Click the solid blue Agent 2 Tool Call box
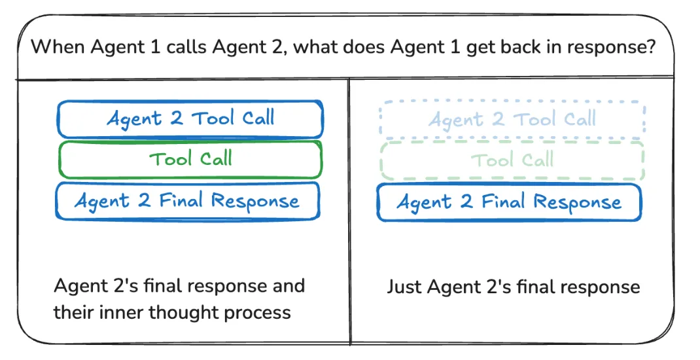[x=190, y=118]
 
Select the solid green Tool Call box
[x=190, y=159]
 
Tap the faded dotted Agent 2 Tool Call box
[x=512, y=119]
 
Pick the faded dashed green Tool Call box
[x=512, y=160]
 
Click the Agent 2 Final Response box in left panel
[x=188, y=200]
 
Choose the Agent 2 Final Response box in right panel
[x=509, y=202]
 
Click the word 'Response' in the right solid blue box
[x=576, y=202]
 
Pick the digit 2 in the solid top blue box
[x=175, y=118]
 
